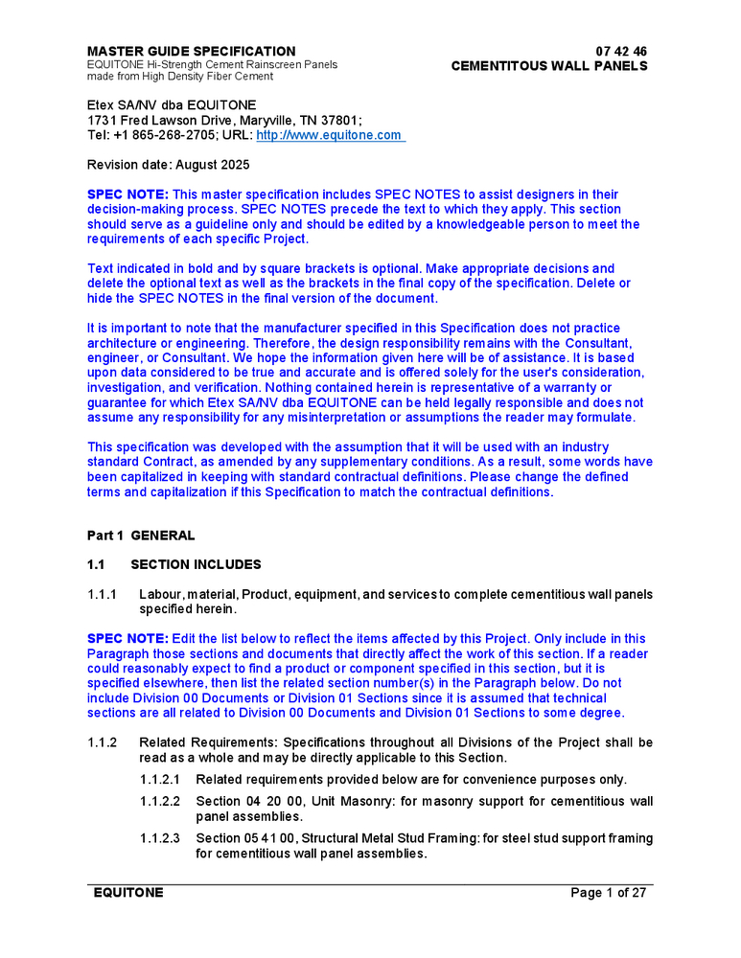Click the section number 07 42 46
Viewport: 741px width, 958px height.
tap(621, 51)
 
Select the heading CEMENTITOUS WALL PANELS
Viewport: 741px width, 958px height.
tap(549, 66)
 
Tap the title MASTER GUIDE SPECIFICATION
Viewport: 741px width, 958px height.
tap(192, 51)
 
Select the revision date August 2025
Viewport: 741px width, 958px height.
tap(212, 165)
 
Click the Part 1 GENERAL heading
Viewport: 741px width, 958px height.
tap(141, 536)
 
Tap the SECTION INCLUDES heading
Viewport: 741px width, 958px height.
tap(196, 564)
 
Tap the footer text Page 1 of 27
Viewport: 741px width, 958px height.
tap(609, 893)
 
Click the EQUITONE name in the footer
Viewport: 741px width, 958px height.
tap(127, 893)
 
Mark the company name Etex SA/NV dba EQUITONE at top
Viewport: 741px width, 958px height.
tap(172, 104)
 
